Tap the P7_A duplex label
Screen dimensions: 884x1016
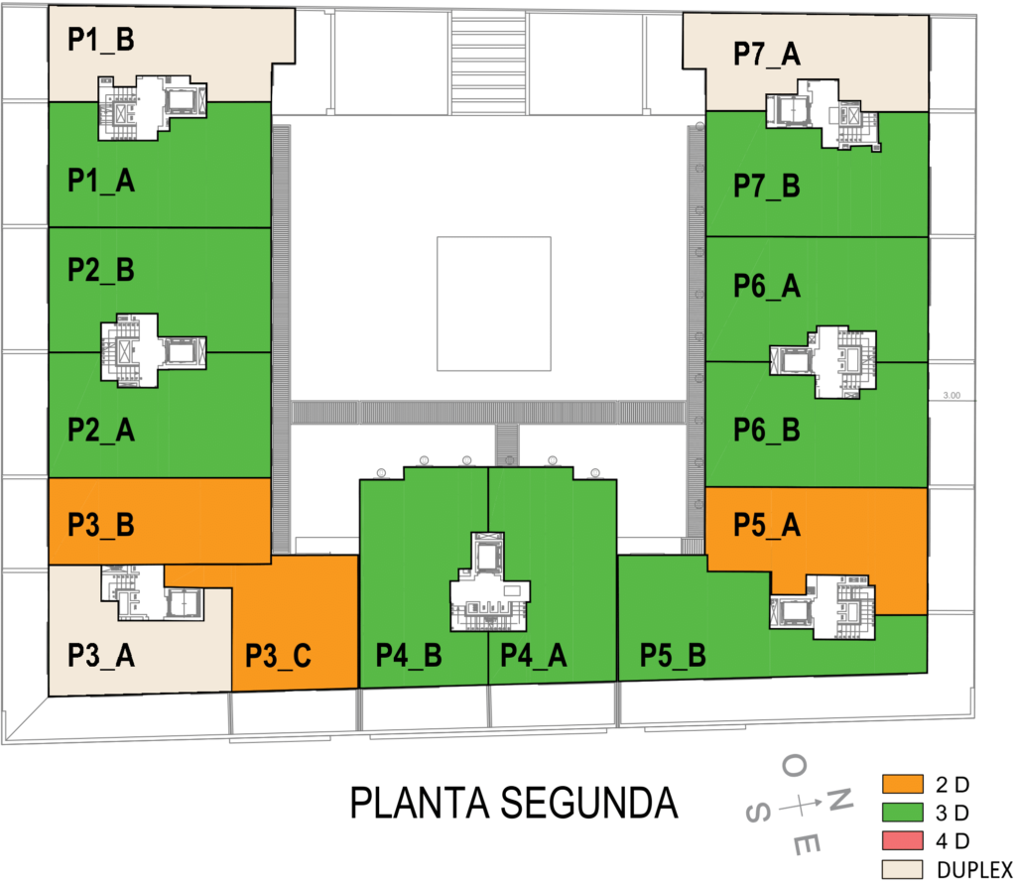pos(767,55)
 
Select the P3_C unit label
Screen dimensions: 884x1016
pos(280,656)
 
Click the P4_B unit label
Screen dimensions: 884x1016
pos(409,656)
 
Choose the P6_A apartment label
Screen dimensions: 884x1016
pos(767,287)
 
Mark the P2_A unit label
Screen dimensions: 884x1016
pos(101,431)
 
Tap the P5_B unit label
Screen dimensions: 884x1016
pos(673,656)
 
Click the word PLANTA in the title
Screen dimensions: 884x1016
pos(412,803)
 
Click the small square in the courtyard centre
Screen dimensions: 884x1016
pos(494,304)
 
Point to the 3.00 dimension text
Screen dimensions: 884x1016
pos(951,395)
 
